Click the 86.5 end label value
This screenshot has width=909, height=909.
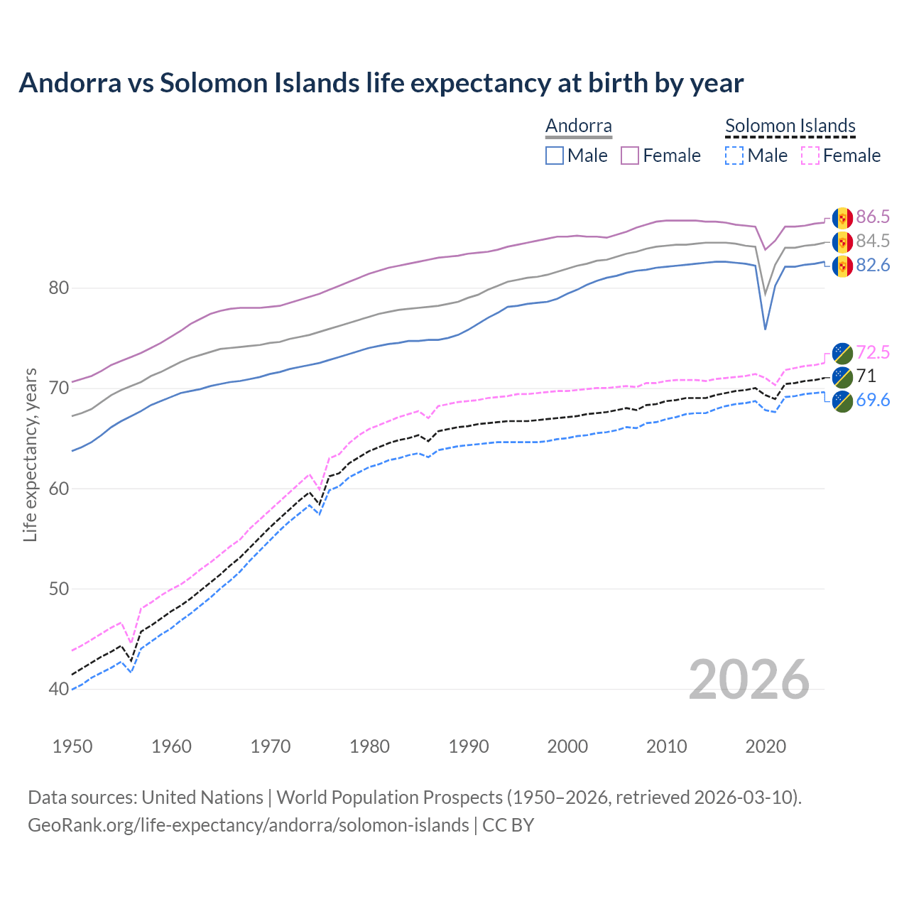[873, 217]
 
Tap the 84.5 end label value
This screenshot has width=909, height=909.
[873, 241]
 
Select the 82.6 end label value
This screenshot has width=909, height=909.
[873, 266]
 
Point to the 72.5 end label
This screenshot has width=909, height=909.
[873, 352]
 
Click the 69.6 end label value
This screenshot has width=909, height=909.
[873, 401]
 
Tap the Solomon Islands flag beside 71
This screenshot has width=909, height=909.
[842, 376]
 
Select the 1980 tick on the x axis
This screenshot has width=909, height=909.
[370, 746]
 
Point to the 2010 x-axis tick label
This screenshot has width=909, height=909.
[667, 746]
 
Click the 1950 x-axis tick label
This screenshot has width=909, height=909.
[72, 746]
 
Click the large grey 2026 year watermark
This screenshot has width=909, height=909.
[749, 680]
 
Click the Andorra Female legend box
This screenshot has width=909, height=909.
[630, 156]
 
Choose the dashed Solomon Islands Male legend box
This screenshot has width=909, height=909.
[734, 156]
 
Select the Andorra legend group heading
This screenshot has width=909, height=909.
[578, 126]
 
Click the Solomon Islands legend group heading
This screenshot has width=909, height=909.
[790, 126]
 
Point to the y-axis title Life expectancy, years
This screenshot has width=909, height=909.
[31, 454]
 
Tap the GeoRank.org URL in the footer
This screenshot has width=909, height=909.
[248, 825]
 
